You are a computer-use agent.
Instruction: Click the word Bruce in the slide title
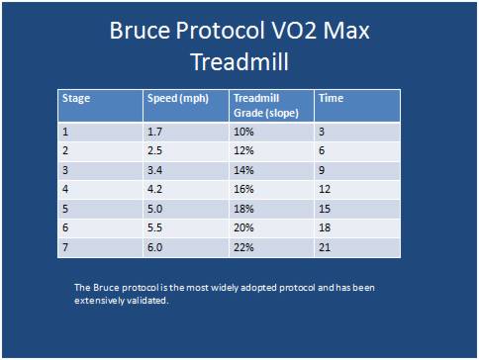pyautogui.click(x=143, y=31)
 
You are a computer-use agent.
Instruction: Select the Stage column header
pyautogui.click(x=76, y=99)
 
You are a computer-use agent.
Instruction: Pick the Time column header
pyautogui.click(x=330, y=99)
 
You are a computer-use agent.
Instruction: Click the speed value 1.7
pyautogui.click(x=154, y=132)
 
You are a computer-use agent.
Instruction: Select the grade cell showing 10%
pyautogui.click(x=243, y=132)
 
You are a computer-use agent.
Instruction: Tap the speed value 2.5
pyautogui.click(x=154, y=151)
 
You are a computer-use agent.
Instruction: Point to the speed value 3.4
pyautogui.click(x=154, y=170)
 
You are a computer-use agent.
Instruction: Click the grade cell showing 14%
pyautogui.click(x=243, y=170)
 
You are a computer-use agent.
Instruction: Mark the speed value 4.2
pyautogui.click(x=154, y=190)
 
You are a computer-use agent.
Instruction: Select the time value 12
pyautogui.click(x=325, y=190)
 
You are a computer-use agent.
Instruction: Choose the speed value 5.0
pyautogui.click(x=154, y=209)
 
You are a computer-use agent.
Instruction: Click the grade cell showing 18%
pyautogui.click(x=243, y=209)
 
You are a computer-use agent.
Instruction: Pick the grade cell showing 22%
pyautogui.click(x=243, y=247)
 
